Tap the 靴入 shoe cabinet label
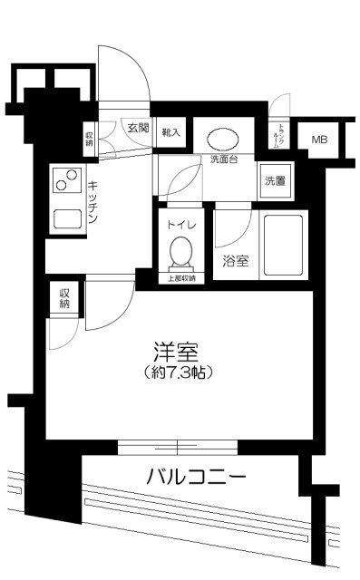(171, 132)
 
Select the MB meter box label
(319, 139)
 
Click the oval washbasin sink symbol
(223, 140)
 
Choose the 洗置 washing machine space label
(276, 179)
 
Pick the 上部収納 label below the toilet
(183, 278)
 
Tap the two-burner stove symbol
(66, 184)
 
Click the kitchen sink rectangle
(68, 218)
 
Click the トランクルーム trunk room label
(281, 137)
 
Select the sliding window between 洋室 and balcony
(178, 447)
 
